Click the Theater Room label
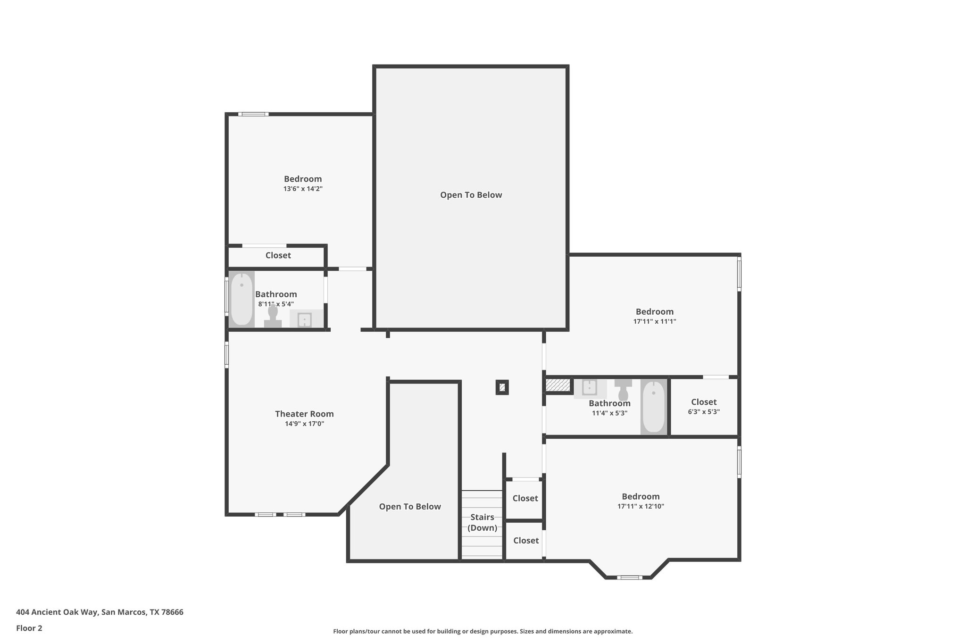coord(304,414)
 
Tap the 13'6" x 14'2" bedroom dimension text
coord(303,189)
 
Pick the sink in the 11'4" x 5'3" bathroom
coord(589,388)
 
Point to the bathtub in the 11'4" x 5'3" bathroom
coord(654,406)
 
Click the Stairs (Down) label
coord(482,522)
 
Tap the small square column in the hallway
coord(502,387)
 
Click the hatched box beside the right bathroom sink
coord(558,385)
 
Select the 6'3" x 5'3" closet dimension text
coord(704,412)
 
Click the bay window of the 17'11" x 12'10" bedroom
coord(629,577)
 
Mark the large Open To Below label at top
coord(471,195)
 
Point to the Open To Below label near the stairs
coord(409,507)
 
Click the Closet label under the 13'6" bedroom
coord(278,255)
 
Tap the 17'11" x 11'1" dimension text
coord(654,322)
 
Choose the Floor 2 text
coord(29,628)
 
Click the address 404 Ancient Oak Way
coord(100,612)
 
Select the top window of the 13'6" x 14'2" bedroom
coord(253,114)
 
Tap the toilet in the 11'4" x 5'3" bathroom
coord(623,390)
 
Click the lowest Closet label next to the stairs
coord(525,541)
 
